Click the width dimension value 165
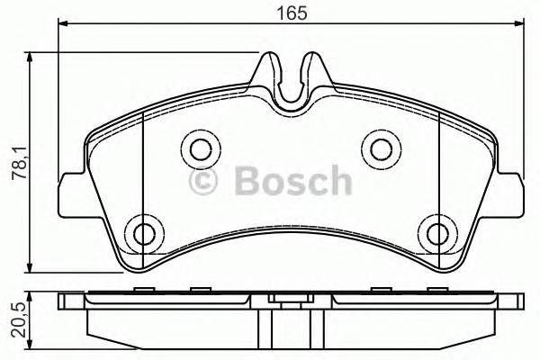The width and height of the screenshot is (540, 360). tap(292, 13)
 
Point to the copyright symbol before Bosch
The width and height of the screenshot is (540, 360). tap(206, 182)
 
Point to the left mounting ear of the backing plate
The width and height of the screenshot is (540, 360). tap(67, 193)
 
